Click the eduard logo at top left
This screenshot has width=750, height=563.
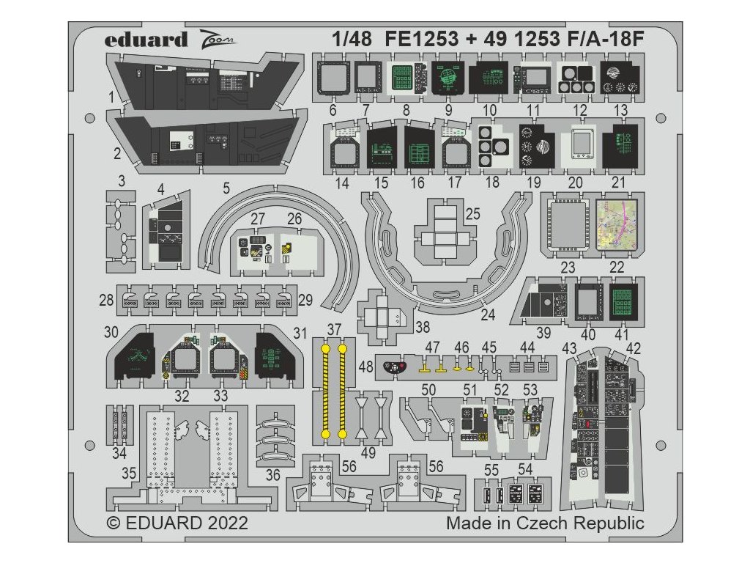point(146,40)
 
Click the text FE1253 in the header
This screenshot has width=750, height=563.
point(421,40)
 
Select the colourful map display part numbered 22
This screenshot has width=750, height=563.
point(622,223)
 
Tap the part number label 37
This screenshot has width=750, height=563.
point(334,329)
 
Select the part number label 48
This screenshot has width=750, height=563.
point(365,364)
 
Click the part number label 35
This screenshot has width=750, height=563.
point(128,473)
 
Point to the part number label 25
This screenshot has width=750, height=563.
point(472,214)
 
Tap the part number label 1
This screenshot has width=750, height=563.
point(111,97)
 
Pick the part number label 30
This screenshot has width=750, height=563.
point(111,332)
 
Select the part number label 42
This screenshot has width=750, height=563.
point(634,347)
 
